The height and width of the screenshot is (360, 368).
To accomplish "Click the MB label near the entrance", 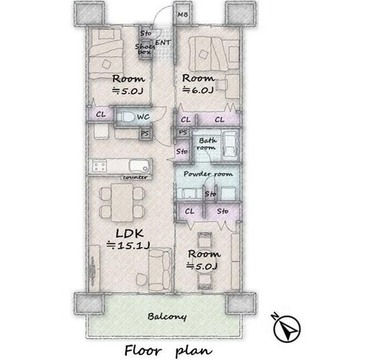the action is (x=183, y=14).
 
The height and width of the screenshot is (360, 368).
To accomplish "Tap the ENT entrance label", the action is (x=163, y=42).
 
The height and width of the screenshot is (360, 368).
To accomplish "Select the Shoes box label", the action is (x=145, y=49).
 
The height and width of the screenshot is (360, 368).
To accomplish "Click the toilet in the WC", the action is (x=125, y=117).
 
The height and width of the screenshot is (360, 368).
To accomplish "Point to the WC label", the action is (x=143, y=117).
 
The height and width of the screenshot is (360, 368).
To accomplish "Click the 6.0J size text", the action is (x=198, y=90).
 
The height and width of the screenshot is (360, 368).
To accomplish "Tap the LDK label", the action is (x=130, y=233).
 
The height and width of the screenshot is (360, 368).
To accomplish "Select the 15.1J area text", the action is (x=128, y=246).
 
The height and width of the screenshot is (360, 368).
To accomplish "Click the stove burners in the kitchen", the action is (x=100, y=167).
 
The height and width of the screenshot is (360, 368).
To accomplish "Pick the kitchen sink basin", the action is (x=139, y=166).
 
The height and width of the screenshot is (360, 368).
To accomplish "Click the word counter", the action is (x=135, y=178).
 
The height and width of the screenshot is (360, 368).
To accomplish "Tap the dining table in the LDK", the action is (x=122, y=202).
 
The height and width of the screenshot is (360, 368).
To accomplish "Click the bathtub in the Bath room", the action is (x=230, y=145).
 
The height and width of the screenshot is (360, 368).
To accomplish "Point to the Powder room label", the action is (x=208, y=174).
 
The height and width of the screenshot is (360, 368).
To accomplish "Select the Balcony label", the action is (x=167, y=317).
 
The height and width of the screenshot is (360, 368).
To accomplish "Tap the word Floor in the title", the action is (x=143, y=351).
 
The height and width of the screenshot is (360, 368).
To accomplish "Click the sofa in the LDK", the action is (x=160, y=270).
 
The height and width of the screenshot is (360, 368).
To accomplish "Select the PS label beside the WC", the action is (x=145, y=134).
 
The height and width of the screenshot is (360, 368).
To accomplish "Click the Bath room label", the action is (x=206, y=144).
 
